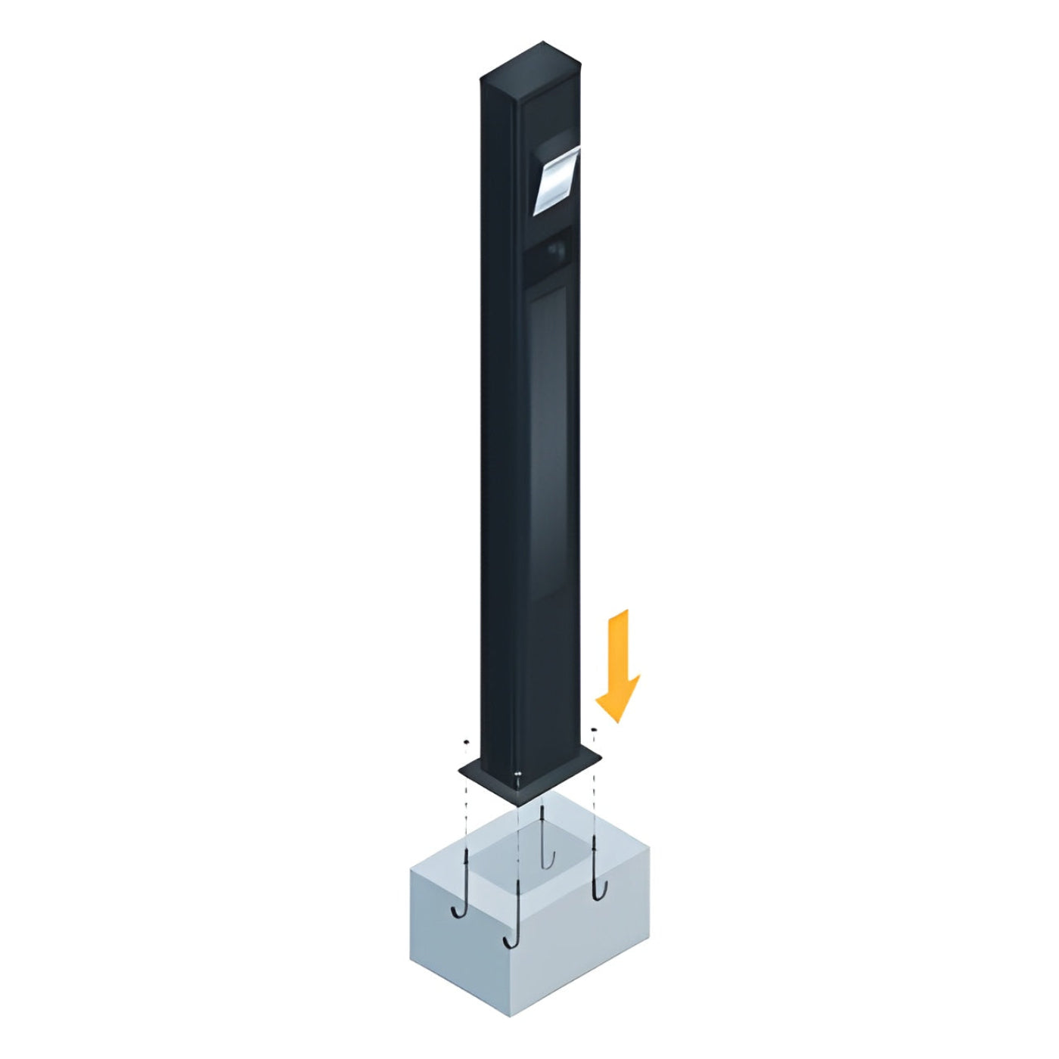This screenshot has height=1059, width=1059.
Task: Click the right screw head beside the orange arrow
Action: pyautogui.click(x=594, y=729)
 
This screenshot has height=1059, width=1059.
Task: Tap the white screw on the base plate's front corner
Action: pyautogui.click(x=517, y=774)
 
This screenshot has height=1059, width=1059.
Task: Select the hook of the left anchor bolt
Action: pyautogui.click(x=458, y=911)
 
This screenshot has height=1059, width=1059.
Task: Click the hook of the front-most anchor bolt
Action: pyautogui.click(x=510, y=940)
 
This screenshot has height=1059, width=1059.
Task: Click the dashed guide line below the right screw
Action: pyautogui.click(x=594, y=794)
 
